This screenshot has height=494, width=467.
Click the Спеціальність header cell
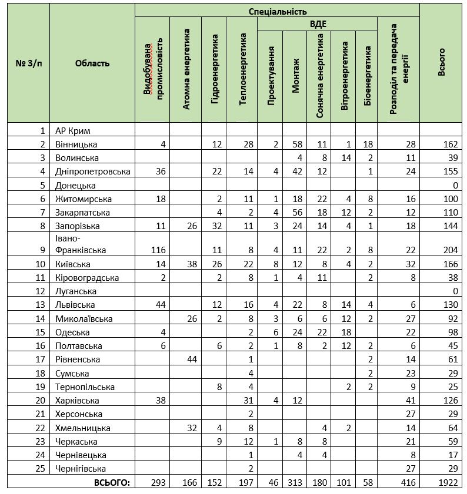tap(277, 11)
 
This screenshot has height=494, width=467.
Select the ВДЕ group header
tap(318, 24)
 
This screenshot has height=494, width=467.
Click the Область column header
tap(92, 63)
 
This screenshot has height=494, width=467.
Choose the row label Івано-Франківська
tap(81, 244)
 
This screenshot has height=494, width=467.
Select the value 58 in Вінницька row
tap(296, 144)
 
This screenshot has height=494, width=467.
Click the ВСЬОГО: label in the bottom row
tap(111, 482)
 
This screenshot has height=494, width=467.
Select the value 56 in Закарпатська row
tap(296, 212)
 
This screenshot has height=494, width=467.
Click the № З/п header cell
tap(28, 63)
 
